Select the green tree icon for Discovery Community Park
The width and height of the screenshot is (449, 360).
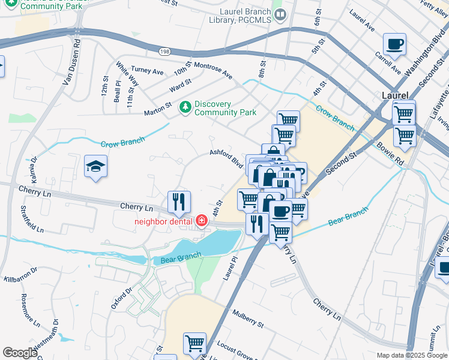(185, 107)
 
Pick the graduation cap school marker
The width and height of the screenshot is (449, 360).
(95, 167)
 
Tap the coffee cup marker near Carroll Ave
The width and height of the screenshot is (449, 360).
(394, 44)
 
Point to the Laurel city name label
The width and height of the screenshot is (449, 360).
(395, 95)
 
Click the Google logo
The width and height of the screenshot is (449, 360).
(20, 353)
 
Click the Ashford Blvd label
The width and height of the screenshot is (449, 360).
(226, 157)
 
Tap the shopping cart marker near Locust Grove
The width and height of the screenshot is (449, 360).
(194, 344)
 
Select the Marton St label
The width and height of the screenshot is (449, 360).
(158, 112)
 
